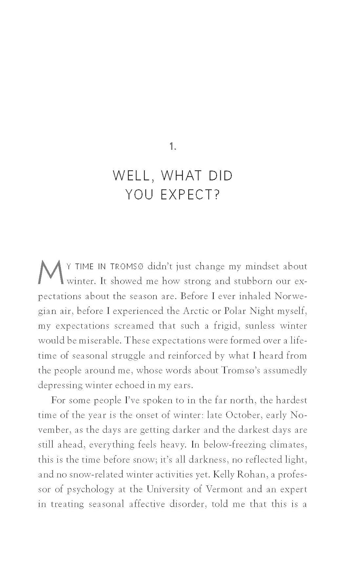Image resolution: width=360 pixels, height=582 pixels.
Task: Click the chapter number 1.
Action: click(x=173, y=147)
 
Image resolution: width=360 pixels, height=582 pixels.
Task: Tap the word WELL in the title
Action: click(x=130, y=176)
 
